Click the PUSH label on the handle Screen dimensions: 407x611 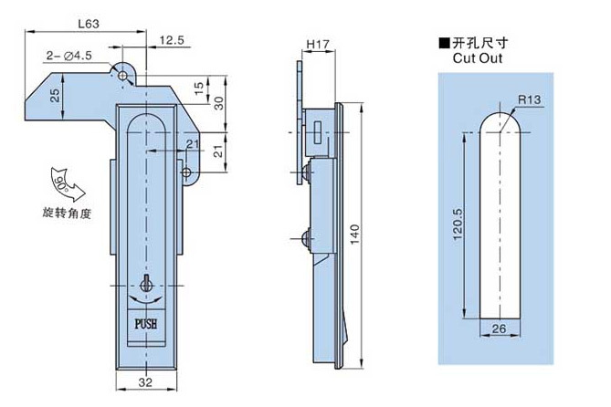(x=146, y=324)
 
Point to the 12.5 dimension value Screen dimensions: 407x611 (x=172, y=40)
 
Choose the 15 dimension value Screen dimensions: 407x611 (x=199, y=88)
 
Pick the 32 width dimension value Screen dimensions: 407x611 (x=146, y=382)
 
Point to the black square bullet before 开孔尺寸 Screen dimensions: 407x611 (x=444, y=42)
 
